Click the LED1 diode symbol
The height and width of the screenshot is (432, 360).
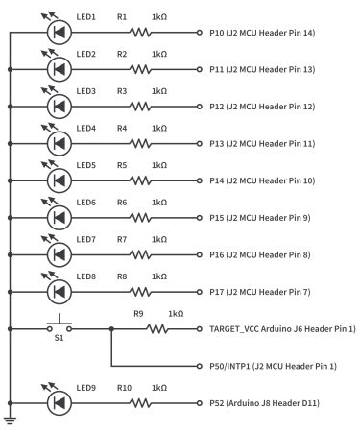pos(60,32)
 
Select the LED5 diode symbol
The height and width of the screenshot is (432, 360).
pos(60,180)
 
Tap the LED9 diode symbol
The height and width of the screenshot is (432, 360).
pos(60,403)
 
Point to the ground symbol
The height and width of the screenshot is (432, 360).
pos(10,420)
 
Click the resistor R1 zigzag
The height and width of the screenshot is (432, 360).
pos(141,32)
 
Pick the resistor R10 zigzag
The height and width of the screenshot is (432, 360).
pos(141,403)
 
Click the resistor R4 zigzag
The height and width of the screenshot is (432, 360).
pos(141,143)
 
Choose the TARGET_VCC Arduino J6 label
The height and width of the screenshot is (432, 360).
pos(281,328)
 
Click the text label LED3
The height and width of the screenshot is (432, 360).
pos(86,90)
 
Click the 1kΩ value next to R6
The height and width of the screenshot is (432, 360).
pos(159,202)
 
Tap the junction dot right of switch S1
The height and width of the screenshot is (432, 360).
pos(112,328)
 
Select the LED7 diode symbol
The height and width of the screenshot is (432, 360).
pos(60,254)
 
